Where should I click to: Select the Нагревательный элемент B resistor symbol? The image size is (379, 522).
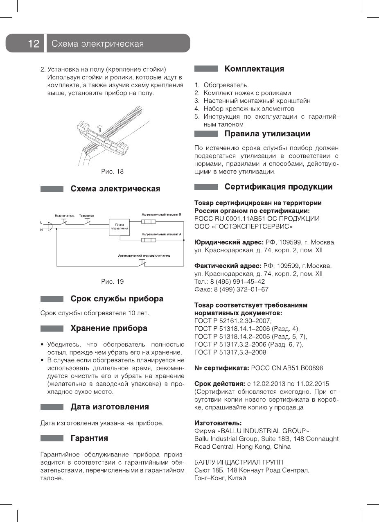click(149, 221)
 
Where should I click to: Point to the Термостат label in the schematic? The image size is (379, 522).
click(86, 215)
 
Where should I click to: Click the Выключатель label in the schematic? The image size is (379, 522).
click(65, 215)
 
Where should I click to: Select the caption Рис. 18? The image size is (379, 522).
click(112, 172)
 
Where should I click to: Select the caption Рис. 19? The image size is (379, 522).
click(112, 282)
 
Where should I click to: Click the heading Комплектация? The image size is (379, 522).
click(254, 69)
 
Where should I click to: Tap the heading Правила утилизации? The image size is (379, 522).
click(267, 134)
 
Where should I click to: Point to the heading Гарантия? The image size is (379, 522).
click(89, 438)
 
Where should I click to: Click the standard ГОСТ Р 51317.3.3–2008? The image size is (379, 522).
click(230, 352)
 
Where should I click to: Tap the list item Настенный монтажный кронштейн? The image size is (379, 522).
click(257, 101)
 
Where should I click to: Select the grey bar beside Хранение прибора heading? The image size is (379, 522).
click(52, 328)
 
